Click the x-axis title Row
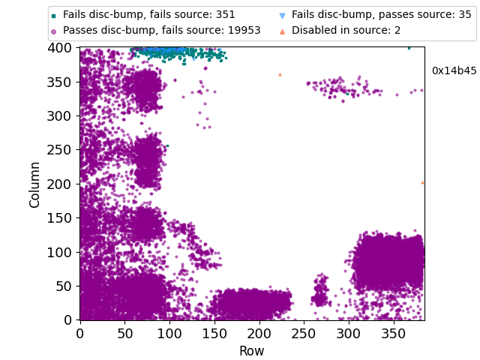251,351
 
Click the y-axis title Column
35,184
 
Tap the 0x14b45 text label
454,71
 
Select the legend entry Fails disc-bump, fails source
148,14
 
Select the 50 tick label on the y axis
66,286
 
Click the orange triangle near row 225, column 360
280,75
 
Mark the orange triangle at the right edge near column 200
422,182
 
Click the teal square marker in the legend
53,15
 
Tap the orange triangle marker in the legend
282,31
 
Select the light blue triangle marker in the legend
282,15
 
